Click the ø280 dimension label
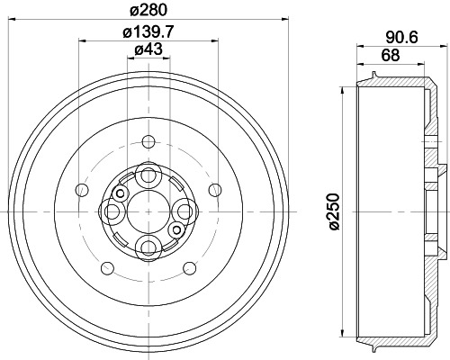click(148, 11)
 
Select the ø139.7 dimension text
click(148, 32)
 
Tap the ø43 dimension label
click(148, 49)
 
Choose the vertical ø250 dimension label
click(335, 212)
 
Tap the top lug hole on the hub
click(148, 175)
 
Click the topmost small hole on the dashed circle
click(148, 141)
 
